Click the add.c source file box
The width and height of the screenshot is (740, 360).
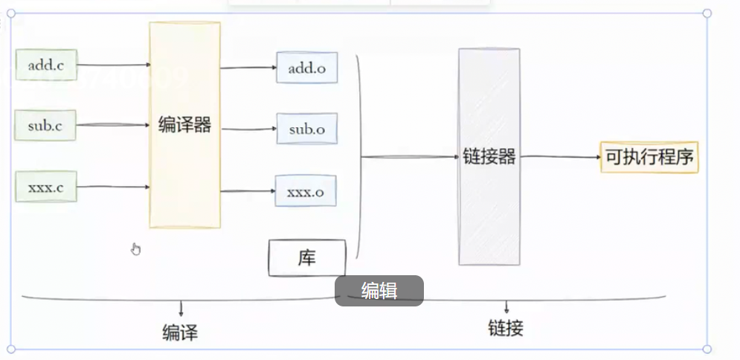coord(46,65)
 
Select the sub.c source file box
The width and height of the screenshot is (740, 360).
coord(46,125)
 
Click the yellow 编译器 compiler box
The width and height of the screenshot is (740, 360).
coord(184,125)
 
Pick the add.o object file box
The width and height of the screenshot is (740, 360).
coord(306,68)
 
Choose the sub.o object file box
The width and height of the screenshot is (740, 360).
coord(306,129)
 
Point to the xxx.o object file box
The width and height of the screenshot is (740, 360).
coord(306,191)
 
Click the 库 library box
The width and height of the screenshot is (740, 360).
coord(307,257)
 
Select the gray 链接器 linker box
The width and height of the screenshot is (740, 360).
coord(489,156)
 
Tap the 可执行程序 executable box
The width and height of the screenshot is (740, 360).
coord(649,157)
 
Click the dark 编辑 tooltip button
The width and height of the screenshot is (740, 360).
coord(379,291)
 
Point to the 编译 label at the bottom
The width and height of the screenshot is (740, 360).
coord(180,332)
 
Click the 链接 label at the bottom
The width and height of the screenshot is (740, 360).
coord(506,328)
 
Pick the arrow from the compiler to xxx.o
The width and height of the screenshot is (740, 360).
coord(248,191)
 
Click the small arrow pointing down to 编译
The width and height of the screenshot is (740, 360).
coord(181,308)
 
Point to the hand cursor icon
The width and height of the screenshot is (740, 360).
coord(135,248)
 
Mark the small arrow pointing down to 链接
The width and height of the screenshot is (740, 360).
coord(506,306)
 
